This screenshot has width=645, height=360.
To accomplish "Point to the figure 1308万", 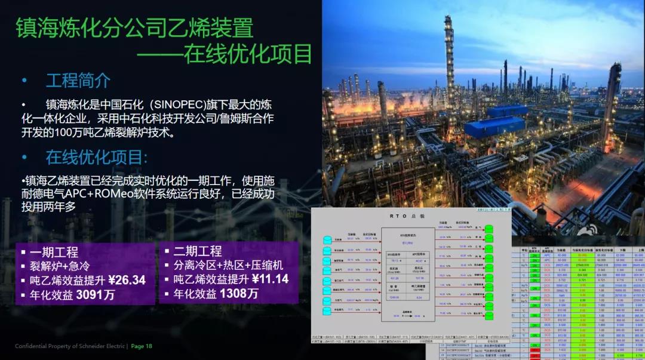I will (x=239, y=294).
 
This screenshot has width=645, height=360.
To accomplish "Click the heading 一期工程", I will (x=54, y=252).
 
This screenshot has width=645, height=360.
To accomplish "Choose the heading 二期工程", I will (x=198, y=251).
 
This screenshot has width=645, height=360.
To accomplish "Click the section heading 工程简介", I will (x=78, y=80).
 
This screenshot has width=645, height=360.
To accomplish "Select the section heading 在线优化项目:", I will (x=96, y=157).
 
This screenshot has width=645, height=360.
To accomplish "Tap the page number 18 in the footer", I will (x=149, y=346).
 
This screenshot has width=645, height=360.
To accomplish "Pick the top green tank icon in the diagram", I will (x=489, y=229).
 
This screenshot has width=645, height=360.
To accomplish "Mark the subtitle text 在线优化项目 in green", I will (x=248, y=54).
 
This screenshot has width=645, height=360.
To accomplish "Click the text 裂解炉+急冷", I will (x=59, y=266).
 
